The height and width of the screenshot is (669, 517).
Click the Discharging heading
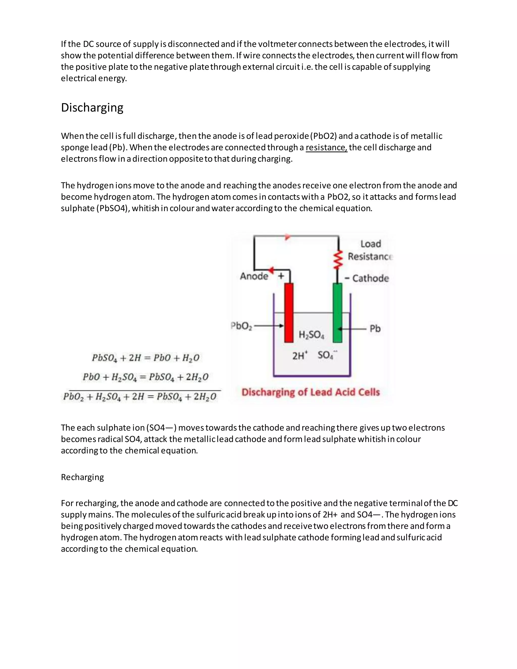pos(92,108)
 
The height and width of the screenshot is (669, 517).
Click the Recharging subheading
pos(82,477)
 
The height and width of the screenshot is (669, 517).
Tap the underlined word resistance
pos(326,147)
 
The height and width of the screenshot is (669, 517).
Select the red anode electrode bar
pos(289,313)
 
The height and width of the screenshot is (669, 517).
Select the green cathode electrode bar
pos(337,313)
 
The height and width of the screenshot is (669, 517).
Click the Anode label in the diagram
pos(254,276)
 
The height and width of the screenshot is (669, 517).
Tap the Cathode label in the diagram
pos(370,278)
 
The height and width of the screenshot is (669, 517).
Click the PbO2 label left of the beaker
pos(241,326)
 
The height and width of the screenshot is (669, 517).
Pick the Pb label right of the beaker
pos(375,328)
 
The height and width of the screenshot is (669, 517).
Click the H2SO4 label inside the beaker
pos(311,335)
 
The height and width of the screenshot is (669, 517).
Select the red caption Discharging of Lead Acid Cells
pos(311,392)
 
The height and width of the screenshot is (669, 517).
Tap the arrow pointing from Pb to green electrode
pos(352,329)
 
